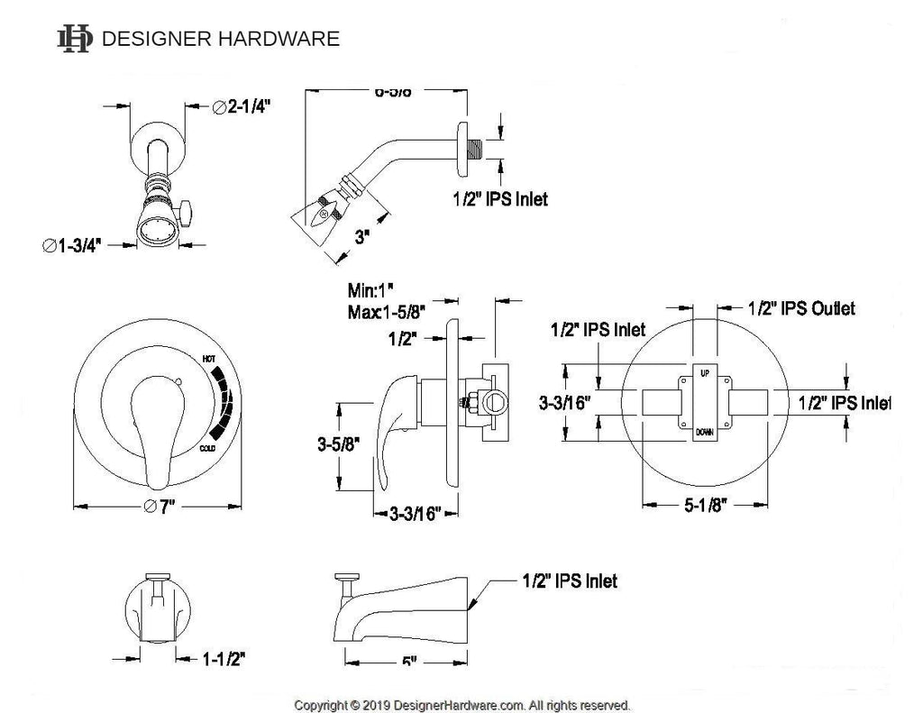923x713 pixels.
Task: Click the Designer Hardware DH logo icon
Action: pos(74,39)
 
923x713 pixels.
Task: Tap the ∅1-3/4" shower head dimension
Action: pos(82,243)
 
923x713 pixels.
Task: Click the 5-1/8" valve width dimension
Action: pos(705,505)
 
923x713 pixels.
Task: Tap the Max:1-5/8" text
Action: pos(387,312)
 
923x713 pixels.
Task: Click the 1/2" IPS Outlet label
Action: pos(801,308)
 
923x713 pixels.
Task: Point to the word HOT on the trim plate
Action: pos(209,359)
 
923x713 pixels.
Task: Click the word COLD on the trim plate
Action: pos(208,447)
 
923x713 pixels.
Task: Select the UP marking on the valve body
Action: pos(704,370)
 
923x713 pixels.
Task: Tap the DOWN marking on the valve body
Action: pos(704,432)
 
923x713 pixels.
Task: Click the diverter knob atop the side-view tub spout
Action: pos(345,578)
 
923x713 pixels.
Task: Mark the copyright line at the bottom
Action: pos(462,704)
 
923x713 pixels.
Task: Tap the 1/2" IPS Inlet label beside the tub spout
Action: pos(570,581)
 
